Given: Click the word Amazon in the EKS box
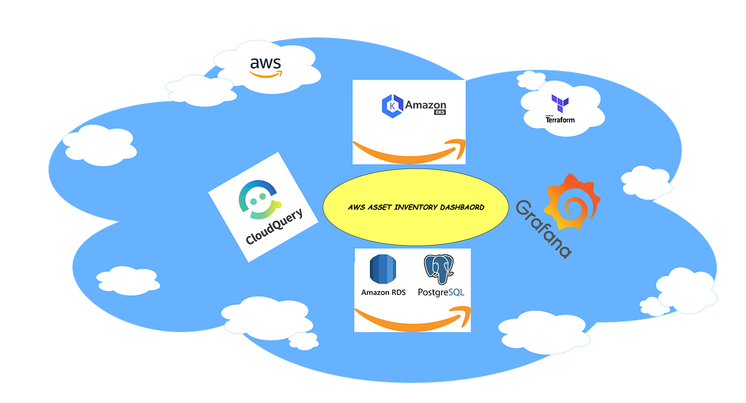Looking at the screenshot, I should pos(425,105).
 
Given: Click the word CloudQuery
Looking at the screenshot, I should pos(274,227).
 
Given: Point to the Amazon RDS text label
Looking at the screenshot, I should pos(383,292).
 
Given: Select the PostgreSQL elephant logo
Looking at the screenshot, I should pos(439,269).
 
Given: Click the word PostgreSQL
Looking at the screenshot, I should pos(441,292).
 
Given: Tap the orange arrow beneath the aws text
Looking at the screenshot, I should pos(265,74).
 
